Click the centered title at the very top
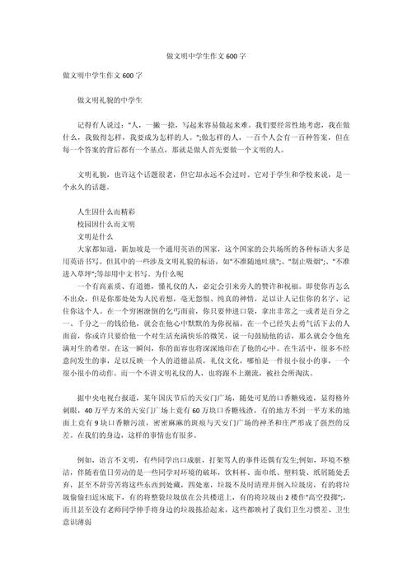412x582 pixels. tap(206, 59)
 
